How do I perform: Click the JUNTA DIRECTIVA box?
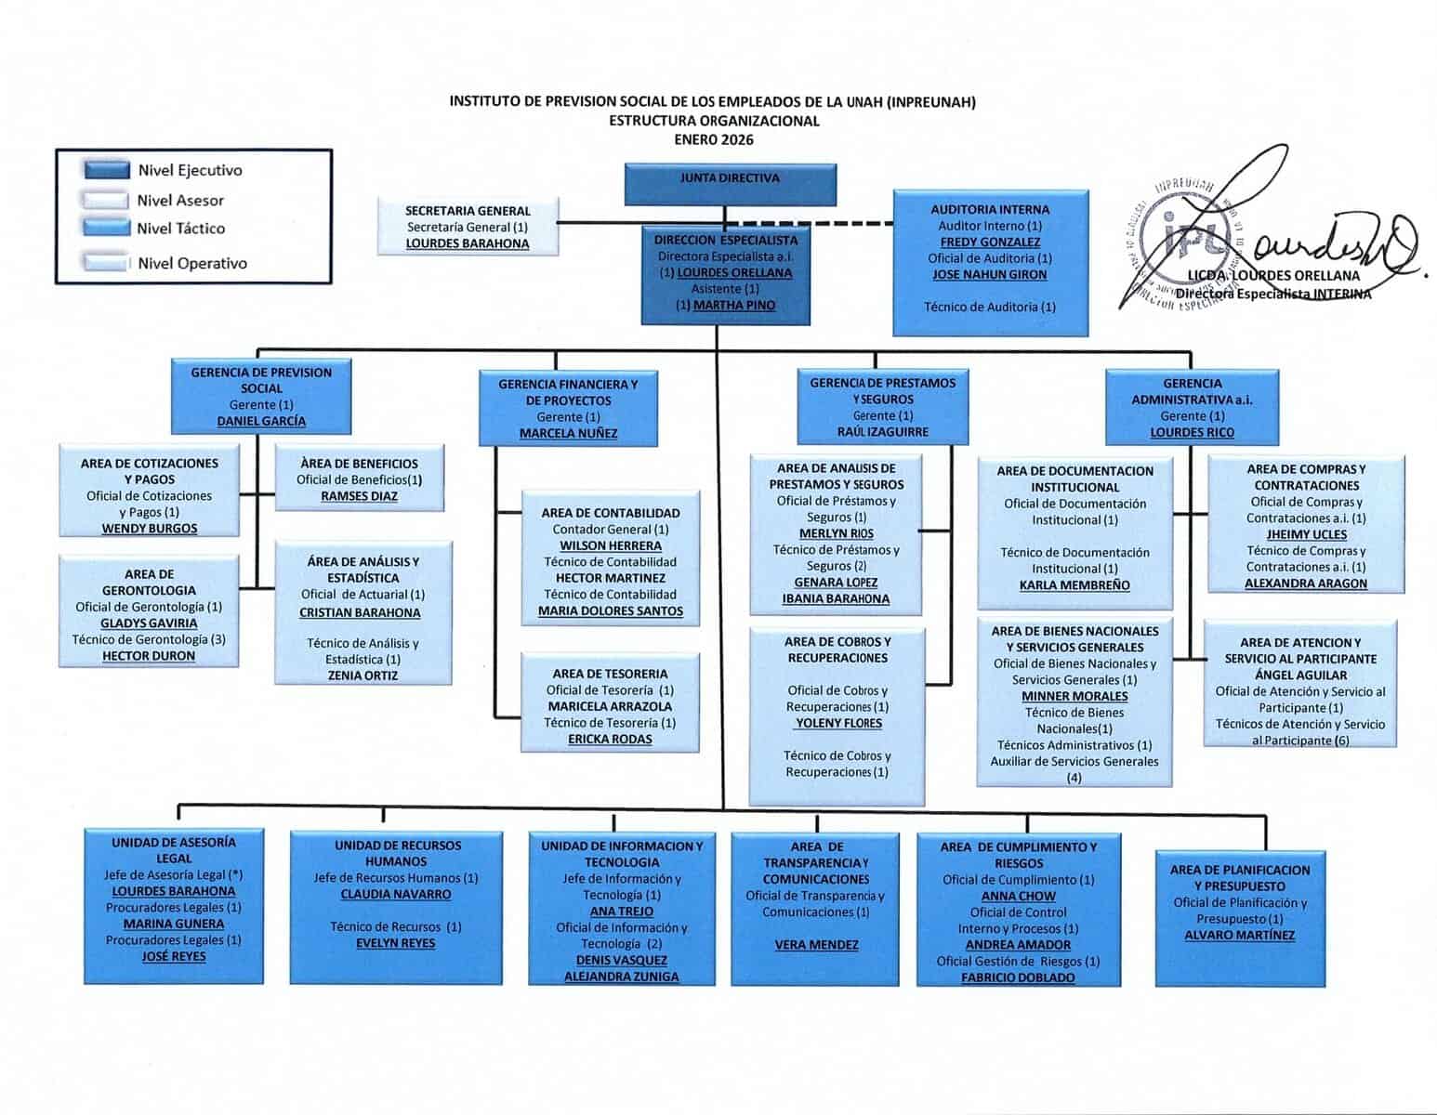click(730, 183)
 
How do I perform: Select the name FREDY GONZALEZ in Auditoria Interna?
click(990, 242)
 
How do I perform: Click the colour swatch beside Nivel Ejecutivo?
click(106, 170)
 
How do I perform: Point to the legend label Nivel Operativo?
click(191, 263)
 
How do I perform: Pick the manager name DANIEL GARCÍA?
click(260, 421)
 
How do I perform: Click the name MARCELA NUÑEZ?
click(568, 433)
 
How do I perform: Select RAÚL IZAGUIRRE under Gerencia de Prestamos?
click(882, 432)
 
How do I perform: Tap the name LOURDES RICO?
click(1192, 432)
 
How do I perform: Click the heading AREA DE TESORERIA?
click(610, 674)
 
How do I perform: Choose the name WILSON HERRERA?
click(610, 545)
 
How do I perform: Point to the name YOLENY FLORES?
click(838, 723)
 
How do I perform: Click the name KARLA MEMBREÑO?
click(1074, 585)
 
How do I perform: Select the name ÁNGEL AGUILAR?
click(1299, 675)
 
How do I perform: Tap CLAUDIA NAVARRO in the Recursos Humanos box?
click(396, 894)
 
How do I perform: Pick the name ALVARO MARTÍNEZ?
click(1239, 935)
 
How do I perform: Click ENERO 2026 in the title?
click(713, 140)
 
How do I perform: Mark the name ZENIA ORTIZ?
click(363, 676)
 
